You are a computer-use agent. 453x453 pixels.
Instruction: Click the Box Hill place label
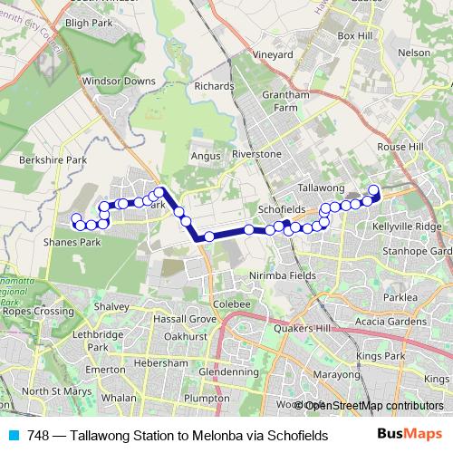[x=355, y=35]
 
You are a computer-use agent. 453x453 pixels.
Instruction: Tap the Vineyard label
[x=273, y=54]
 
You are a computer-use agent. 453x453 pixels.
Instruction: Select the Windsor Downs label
[x=119, y=81]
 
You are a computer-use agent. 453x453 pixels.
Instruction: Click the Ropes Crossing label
[x=36, y=311]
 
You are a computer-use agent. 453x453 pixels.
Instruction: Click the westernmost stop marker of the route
[x=76, y=217]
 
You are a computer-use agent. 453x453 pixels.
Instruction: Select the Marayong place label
[x=337, y=374]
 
